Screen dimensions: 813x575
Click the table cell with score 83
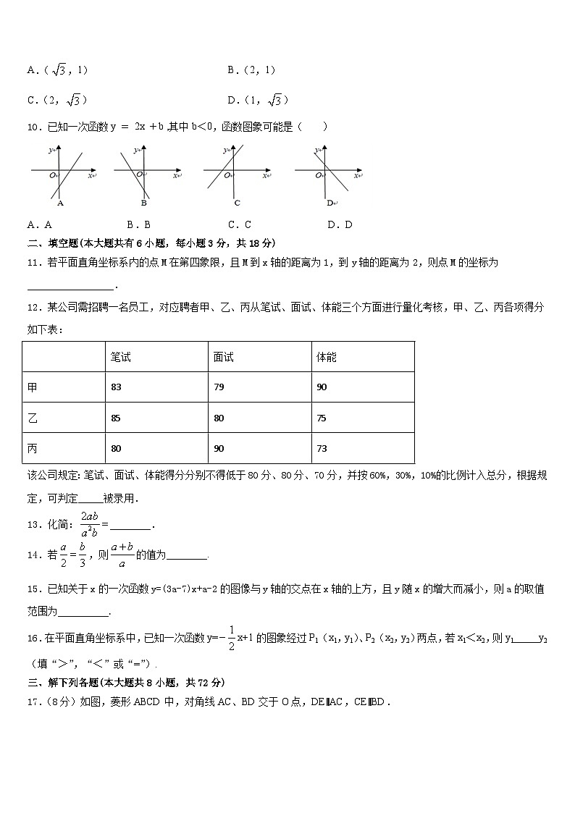pos(117,387)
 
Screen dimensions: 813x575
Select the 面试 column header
pos(223,357)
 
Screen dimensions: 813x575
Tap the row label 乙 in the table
pos(32,418)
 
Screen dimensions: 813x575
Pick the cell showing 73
pos(322,449)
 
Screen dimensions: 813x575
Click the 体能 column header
pos(327,357)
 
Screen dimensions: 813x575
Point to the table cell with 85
pos(117,418)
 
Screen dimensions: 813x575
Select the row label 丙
pos(32,449)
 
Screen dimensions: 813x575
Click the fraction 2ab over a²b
pos(90,523)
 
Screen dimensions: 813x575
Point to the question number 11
pos(33,263)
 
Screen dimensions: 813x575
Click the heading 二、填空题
pos(54,243)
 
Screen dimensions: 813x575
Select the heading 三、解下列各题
pos(62,682)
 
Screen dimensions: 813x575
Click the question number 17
pos(33,701)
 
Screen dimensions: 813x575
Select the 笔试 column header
pos(120,357)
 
